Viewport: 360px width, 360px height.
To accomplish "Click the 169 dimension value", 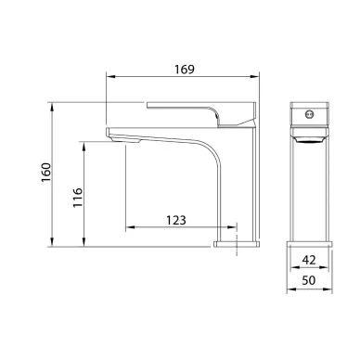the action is (185, 70).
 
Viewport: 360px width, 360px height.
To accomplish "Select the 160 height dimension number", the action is (46, 173).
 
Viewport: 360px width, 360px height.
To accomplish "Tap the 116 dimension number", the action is (78, 198).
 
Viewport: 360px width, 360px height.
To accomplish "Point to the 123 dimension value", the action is (176, 220).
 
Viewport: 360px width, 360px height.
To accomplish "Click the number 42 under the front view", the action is (309, 260).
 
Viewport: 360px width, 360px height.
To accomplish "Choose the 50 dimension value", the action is (309, 280).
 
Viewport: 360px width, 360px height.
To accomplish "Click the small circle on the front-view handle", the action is (309, 115).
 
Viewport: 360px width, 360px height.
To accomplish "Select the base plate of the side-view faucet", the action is (237, 244).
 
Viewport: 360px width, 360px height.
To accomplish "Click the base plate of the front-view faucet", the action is (309, 244).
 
